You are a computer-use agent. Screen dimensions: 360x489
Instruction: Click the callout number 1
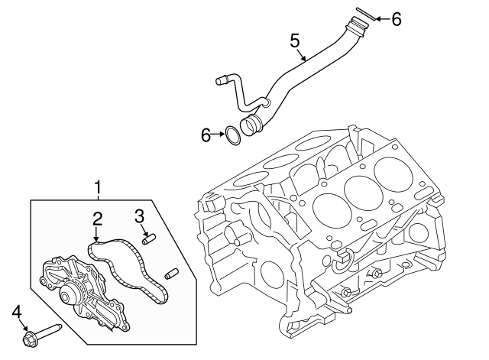(98, 186)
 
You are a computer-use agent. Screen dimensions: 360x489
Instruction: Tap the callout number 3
(139, 216)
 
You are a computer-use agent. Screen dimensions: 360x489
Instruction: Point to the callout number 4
(17, 311)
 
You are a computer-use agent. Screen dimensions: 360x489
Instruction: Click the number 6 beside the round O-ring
(206, 136)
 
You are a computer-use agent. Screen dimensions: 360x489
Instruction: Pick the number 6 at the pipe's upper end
(396, 19)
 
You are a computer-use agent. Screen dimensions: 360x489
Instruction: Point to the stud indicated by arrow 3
(150, 237)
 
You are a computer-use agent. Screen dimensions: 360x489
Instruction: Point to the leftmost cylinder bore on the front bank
(329, 205)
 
